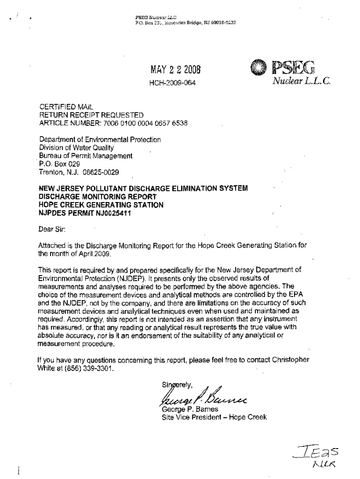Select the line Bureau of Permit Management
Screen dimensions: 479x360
pos(86,156)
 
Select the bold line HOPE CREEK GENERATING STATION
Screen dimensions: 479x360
pos(101,205)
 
